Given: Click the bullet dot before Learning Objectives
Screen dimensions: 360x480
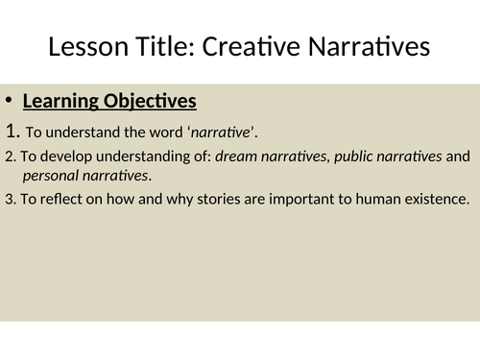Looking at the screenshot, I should pos(9,100).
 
